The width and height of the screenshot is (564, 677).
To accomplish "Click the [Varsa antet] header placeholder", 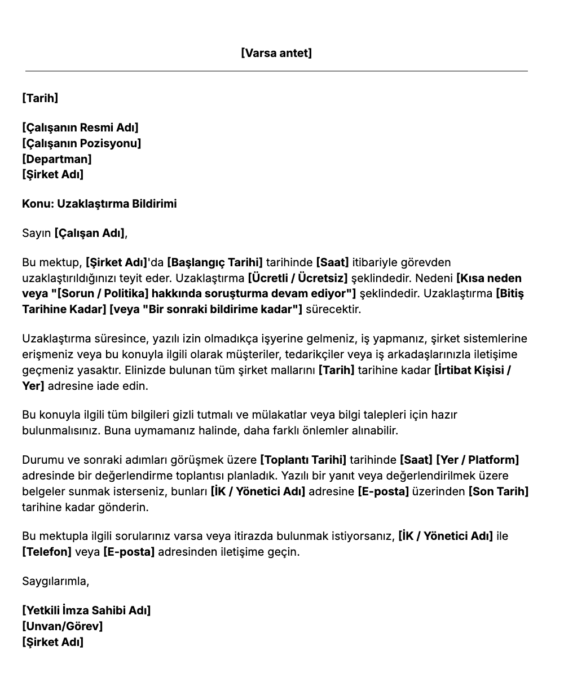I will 276,53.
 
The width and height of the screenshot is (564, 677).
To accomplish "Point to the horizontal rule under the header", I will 276,71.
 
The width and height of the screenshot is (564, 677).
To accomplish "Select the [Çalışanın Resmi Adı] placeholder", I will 80,128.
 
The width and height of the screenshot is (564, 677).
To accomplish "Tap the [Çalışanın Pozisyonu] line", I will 82,143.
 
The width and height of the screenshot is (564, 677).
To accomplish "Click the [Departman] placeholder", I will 57,159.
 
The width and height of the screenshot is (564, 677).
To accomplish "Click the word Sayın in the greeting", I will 37,233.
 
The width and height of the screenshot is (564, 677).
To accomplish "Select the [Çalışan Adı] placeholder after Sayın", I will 90,233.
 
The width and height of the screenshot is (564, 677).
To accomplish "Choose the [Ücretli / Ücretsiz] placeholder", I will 298,278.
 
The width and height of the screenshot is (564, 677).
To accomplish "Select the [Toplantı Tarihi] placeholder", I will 303,460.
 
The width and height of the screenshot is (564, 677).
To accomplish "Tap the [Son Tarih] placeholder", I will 499,491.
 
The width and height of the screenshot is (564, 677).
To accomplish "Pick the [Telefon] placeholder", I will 47,551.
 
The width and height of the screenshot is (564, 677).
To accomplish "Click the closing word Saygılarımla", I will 55,581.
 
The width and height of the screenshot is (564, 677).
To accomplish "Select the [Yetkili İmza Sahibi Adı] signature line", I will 86,610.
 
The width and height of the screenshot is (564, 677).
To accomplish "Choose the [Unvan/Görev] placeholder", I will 63,626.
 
